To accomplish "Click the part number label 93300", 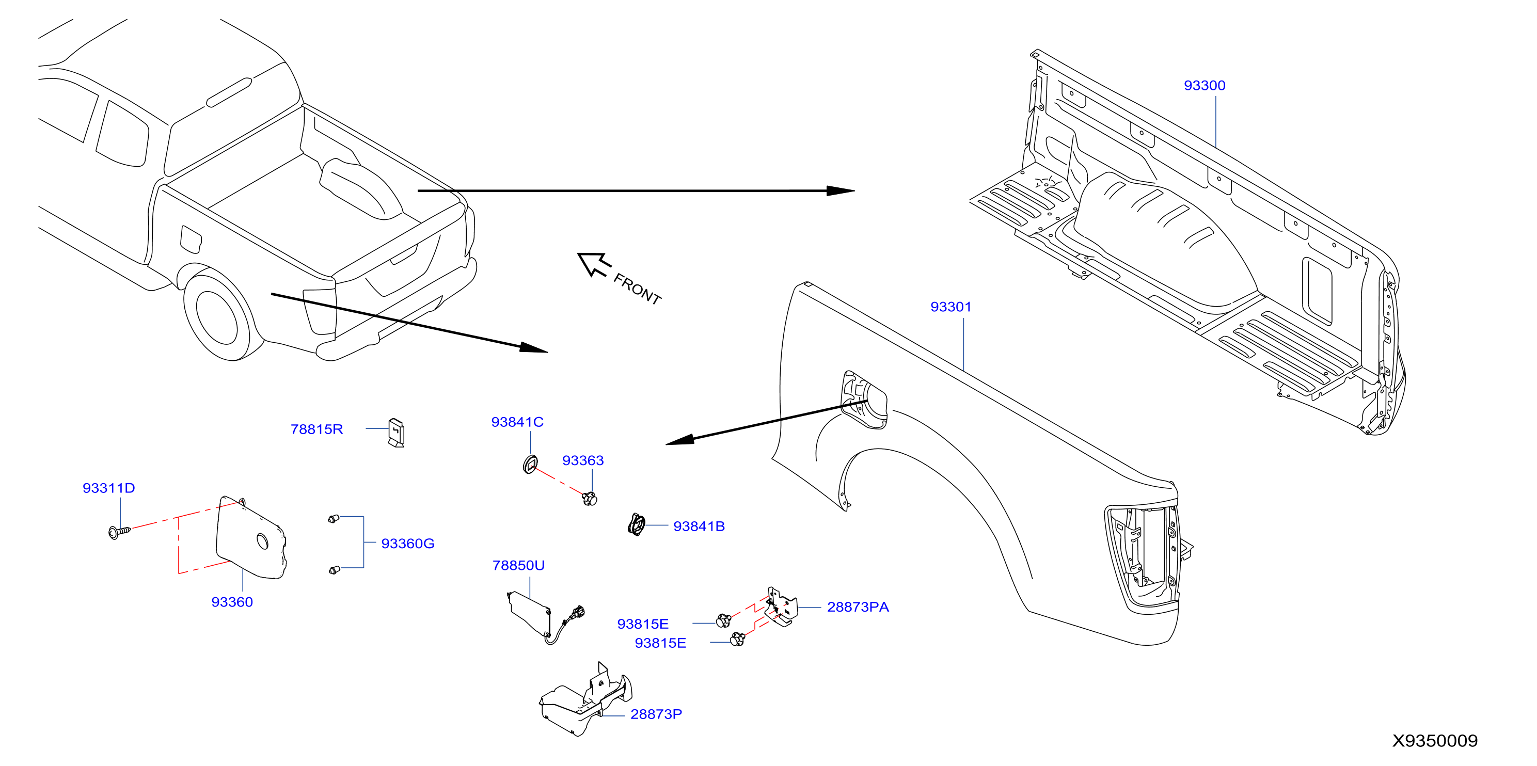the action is coord(1204,85).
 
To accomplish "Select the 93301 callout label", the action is coord(950,307).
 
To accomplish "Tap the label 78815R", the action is coord(316,429).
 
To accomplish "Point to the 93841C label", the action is coord(517,422).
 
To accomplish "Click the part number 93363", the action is coord(582,460).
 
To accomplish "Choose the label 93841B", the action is coord(699,525).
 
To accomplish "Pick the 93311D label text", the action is coord(108,487).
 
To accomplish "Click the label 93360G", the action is coord(407,543).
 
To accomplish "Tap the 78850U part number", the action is coord(518,565).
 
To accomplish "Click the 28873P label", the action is coord(656,713).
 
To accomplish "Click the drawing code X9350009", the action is coord(1434,740).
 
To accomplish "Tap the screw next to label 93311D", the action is coord(119,531).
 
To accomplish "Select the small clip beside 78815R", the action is coord(396,432).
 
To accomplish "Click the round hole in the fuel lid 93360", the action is coord(262,541).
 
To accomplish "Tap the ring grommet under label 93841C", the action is coord(530,464).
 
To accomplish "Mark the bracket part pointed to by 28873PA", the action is coord(782,606).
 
